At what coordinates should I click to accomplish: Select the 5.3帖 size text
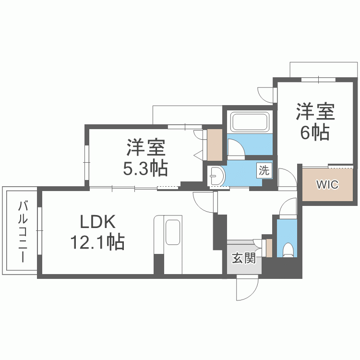(146, 168)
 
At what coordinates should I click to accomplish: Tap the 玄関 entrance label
(243, 259)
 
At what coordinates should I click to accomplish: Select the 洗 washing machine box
(264, 170)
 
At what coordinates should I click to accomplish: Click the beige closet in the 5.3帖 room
(215, 144)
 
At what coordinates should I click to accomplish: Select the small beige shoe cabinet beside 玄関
(269, 247)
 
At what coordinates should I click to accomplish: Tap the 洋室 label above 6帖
(315, 112)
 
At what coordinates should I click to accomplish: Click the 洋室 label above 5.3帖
(146, 148)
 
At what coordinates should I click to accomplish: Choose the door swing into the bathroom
(236, 148)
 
